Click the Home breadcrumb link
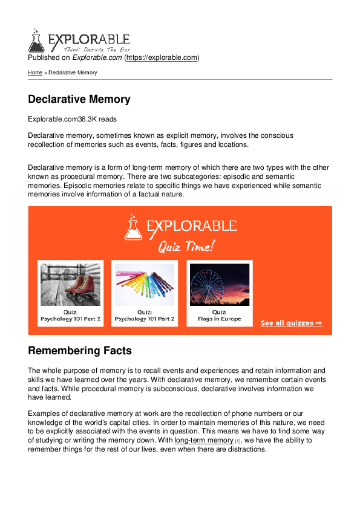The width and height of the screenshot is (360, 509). coord(35,73)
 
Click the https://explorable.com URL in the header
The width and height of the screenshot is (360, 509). coord(162,58)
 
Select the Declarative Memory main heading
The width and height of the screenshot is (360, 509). coord(79,99)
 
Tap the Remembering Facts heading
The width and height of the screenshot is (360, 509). coord(80,351)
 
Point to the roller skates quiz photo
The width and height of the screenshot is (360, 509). coord(70,284)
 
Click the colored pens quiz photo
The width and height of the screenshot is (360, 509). coord(145,284)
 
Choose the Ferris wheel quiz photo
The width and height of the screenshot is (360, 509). coord(219,284)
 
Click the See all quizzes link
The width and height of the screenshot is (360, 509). coord(291,323)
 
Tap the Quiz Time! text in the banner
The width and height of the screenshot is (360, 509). coord(186,247)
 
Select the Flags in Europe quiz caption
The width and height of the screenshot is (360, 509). coord(219,319)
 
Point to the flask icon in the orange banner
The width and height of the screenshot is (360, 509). coord(134,227)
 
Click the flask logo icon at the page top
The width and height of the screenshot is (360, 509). coord(36,41)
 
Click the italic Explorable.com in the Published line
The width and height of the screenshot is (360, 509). coord(97,58)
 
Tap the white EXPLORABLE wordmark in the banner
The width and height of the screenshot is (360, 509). coord(191,227)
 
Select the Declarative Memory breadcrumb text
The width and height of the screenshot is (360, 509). coord(73,73)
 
